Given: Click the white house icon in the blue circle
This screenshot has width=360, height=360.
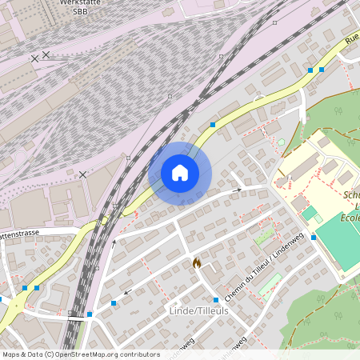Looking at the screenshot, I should (180, 173).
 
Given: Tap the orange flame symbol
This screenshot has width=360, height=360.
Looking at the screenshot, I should (197, 262).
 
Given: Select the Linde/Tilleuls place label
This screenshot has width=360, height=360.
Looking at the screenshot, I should (194, 310).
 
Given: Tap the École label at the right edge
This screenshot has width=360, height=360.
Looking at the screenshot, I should (351, 217).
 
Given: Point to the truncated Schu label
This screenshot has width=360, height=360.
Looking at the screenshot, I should (350, 194).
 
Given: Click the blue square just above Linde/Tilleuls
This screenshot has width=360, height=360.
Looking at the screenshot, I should (216, 300).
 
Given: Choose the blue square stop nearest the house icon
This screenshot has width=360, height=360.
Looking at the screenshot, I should (213, 125).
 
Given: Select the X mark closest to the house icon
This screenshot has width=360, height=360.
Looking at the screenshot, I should (83, 174).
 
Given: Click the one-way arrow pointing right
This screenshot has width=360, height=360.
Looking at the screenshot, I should (238, 190).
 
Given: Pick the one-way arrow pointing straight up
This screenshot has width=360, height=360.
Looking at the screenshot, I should (114, 240).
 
